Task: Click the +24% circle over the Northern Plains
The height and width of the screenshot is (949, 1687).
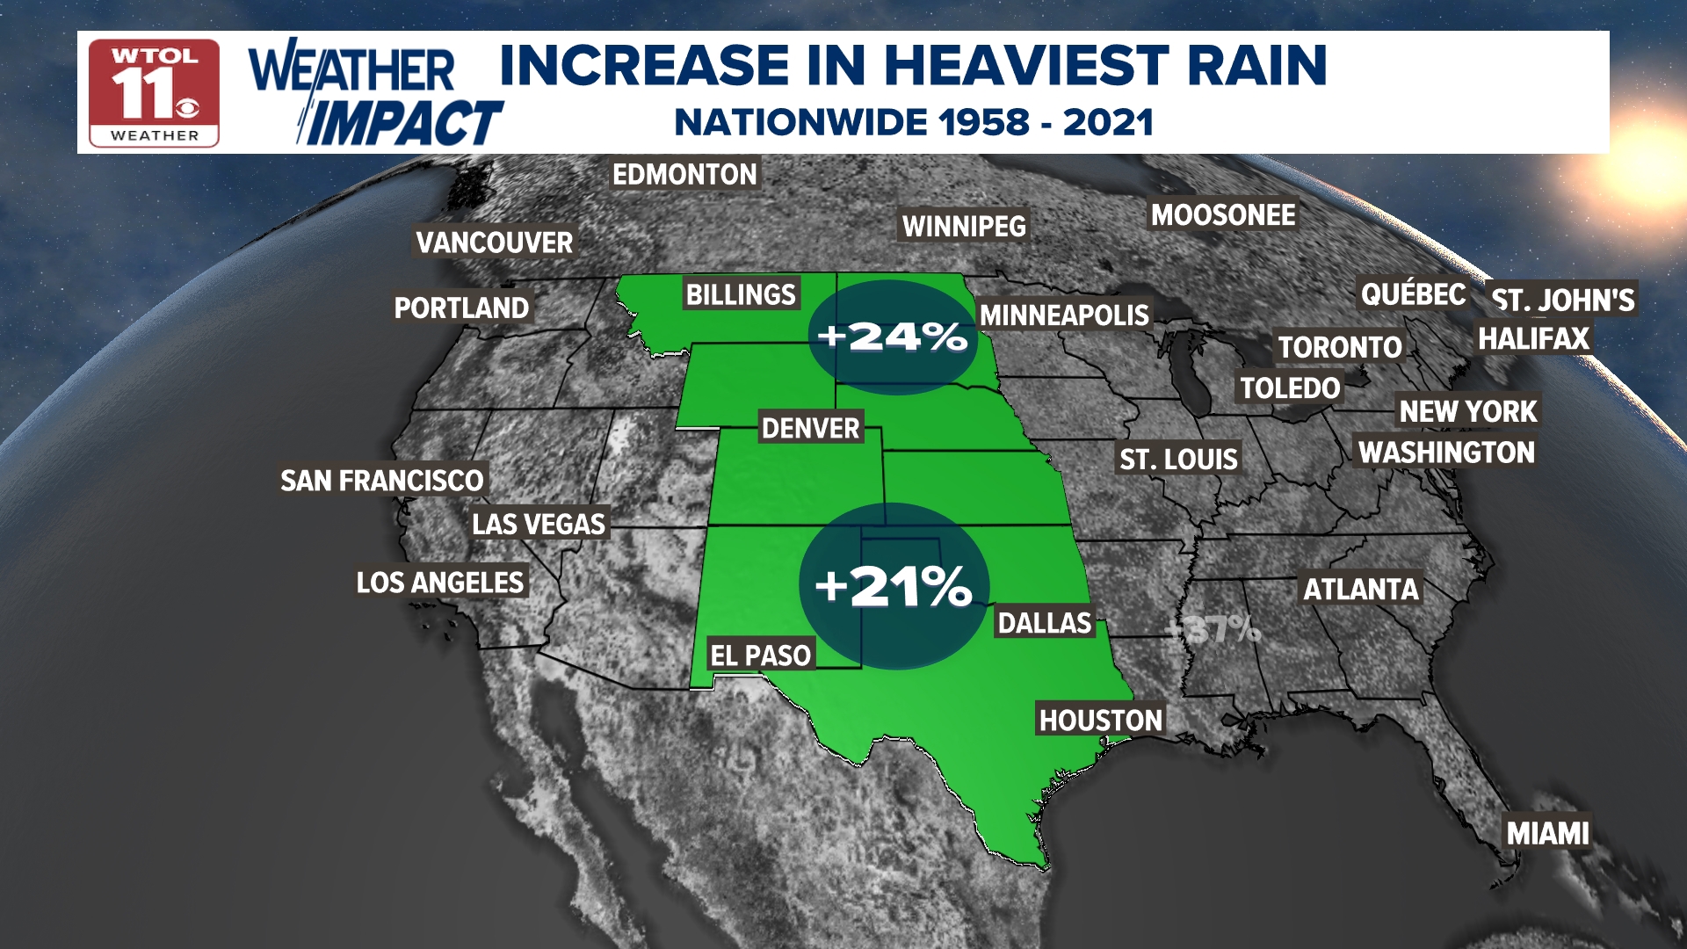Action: [892, 337]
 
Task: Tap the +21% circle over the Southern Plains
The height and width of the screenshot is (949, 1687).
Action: [894, 586]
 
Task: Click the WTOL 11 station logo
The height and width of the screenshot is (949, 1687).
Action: [154, 93]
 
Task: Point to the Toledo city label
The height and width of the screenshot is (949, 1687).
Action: [1290, 388]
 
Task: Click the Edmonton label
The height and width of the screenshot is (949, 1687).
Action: [684, 175]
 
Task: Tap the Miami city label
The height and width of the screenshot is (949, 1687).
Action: [1547, 833]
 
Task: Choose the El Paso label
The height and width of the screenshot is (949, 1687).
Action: [760, 656]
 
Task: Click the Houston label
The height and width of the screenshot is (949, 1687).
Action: [1100, 721]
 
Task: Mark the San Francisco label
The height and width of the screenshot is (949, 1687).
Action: [381, 481]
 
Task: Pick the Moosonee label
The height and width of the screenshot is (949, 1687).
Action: [1223, 215]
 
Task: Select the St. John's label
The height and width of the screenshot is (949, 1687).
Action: [1562, 301]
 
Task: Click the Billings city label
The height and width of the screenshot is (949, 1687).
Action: [741, 295]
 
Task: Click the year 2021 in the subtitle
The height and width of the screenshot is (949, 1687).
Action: [1108, 123]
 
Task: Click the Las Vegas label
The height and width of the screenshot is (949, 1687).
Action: [539, 525]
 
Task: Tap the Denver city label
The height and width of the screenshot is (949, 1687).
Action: [810, 429]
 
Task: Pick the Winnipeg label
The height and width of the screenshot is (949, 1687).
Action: [964, 227]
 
